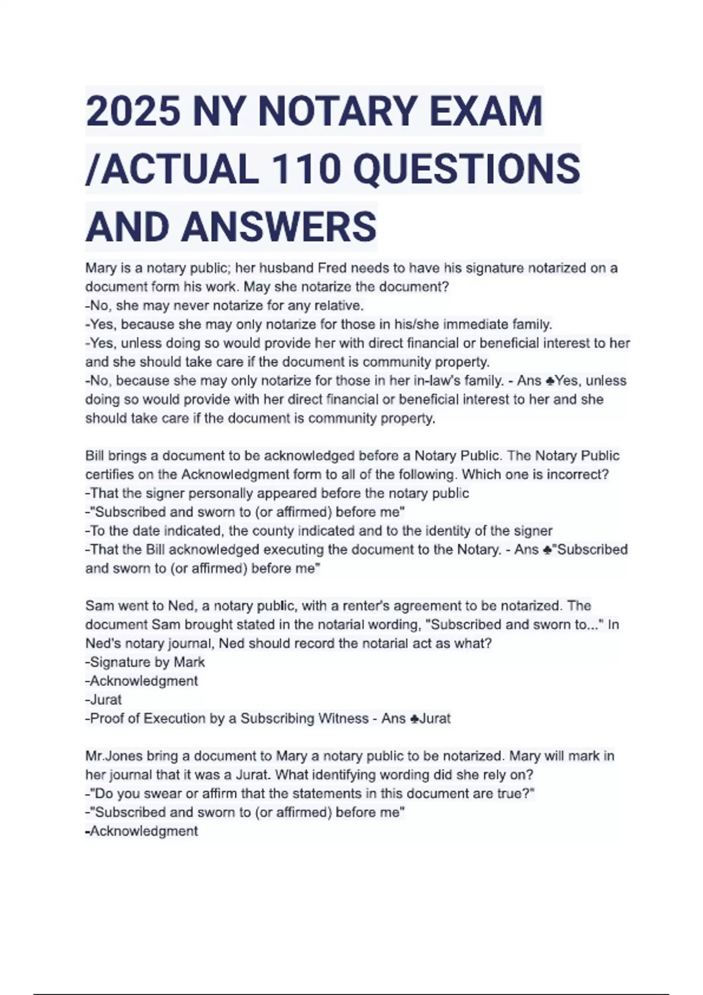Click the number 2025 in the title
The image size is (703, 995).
click(133, 111)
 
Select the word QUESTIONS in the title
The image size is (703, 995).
click(467, 169)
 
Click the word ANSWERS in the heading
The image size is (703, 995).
click(279, 227)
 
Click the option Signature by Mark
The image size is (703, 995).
click(146, 662)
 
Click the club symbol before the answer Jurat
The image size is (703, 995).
click(414, 719)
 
